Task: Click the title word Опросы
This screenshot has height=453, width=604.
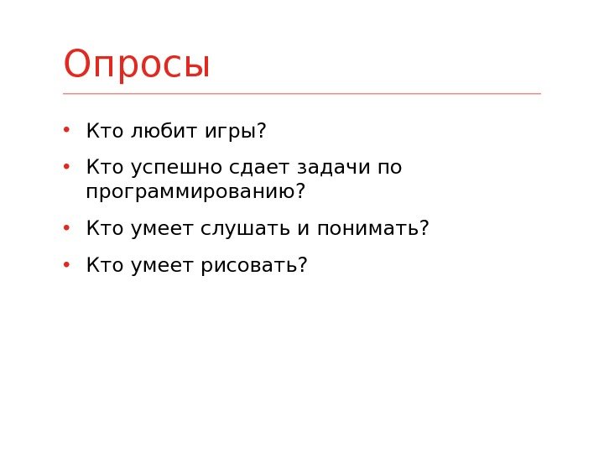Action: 137,65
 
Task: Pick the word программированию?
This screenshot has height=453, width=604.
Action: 195,192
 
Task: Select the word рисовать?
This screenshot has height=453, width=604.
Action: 253,265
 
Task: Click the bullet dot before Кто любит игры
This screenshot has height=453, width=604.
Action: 66,131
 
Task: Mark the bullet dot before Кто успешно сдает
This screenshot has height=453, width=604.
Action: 66,167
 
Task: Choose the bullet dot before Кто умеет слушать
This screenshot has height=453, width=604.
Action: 66,227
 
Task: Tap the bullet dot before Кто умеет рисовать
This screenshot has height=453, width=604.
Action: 66,264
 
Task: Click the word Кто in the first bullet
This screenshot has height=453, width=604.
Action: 105,132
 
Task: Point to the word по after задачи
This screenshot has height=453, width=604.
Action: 390,168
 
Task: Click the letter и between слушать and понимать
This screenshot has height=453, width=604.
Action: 304,229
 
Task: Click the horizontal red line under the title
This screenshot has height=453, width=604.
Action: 302,94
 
